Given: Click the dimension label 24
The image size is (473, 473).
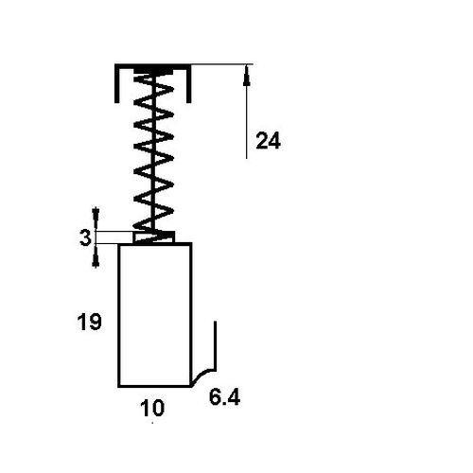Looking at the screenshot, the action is point(268,141).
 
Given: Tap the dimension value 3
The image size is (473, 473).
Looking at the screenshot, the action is point(85,237).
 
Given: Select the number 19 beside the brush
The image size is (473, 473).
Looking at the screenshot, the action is point(90,322).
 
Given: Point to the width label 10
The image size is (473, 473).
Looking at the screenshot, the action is point(152,408).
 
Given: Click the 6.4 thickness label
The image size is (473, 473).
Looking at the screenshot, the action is point(224,397).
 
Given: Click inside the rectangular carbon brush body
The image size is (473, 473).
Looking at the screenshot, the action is point(155,315).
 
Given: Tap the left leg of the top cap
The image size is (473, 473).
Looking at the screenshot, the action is point(117,85).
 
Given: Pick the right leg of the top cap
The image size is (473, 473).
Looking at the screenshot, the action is point(189,85).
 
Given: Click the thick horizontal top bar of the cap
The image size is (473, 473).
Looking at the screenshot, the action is point(153,66).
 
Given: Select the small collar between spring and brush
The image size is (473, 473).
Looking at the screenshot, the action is point(153,236).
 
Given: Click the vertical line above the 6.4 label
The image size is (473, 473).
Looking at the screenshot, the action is point(216,345).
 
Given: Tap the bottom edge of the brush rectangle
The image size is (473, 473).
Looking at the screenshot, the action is point(155,386).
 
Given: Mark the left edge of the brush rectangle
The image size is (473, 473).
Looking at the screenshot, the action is point(119,315).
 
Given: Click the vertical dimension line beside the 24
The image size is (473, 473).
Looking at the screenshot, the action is point(247,112).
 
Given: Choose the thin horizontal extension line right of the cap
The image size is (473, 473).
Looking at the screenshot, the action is point(222,64).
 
